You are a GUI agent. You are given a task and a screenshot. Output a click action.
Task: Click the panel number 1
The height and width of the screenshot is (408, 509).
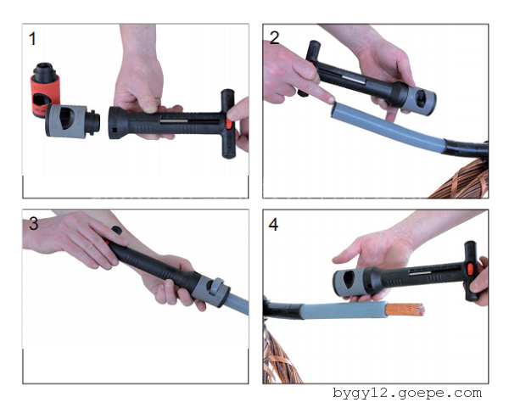point(32,39)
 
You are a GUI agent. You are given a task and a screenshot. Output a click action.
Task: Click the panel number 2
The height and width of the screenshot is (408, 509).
point(274,38)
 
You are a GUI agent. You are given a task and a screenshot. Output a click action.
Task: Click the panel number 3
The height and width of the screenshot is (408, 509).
point(34,224)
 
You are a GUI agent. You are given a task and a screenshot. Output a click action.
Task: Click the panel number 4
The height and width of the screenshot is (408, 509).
point(273,225)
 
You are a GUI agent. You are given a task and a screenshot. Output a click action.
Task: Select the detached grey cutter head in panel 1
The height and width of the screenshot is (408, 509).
point(71,121)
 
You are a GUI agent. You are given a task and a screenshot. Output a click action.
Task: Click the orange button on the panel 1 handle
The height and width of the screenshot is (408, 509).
point(229,125)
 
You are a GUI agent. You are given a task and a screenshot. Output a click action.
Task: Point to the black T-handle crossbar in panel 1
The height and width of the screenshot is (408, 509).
point(228,124)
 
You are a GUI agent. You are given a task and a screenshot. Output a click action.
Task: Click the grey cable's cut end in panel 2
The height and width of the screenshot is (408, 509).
point(335,109)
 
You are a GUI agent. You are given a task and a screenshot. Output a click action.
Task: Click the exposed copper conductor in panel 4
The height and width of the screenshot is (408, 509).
point(405,310)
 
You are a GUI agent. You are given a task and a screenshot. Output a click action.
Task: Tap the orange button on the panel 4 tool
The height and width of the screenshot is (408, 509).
point(470,269)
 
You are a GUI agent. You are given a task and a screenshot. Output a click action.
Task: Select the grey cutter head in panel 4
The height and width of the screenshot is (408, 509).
point(352,281)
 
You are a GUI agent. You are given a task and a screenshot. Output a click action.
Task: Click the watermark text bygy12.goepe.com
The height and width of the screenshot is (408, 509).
point(407,394)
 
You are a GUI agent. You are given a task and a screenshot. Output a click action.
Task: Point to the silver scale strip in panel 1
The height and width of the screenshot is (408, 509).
point(174,121)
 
